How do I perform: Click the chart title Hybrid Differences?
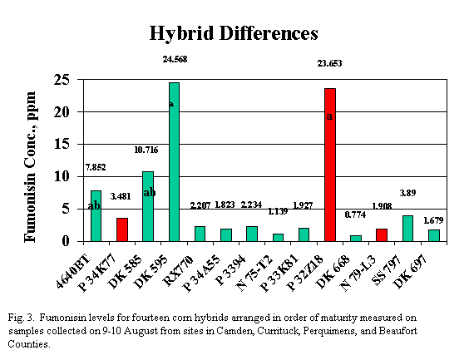click(x=234, y=34)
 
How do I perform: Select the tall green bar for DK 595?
click(x=174, y=162)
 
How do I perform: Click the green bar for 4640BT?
click(x=96, y=216)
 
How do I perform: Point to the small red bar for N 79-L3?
click(x=382, y=235)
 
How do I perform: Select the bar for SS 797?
click(x=407, y=229)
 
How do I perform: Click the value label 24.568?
click(x=175, y=59)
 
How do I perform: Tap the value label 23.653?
click(x=330, y=63)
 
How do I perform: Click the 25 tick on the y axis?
click(x=60, y=80)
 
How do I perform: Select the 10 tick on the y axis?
click(x=60, y=177)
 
